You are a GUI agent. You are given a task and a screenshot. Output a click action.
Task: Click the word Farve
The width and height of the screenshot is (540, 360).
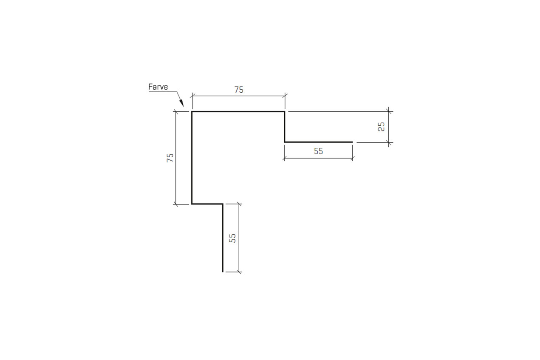(158, 87)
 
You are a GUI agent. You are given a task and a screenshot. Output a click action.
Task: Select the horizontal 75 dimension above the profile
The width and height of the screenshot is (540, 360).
(239, 90)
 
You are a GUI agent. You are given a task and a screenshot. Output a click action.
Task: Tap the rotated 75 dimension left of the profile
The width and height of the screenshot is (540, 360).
(170, 158)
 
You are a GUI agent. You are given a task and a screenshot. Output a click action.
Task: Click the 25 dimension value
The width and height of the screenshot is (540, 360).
(381, 127)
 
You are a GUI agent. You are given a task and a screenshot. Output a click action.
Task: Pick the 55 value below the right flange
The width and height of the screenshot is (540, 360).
(319, 151)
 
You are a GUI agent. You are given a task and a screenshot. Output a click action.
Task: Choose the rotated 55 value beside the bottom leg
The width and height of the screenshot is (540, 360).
(232, 238)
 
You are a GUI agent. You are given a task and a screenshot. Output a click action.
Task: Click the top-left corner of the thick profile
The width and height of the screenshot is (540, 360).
(192, 112)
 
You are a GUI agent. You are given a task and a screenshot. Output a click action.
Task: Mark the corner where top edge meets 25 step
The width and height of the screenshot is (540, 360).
(285, 112)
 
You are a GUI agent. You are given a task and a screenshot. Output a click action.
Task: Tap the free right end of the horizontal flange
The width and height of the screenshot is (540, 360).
(353, 142)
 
